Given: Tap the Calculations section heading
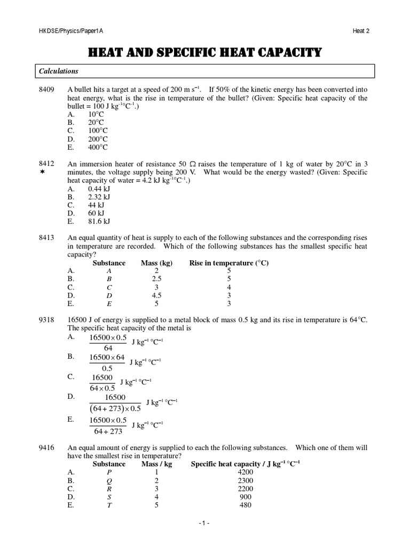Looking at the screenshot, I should point(58,71).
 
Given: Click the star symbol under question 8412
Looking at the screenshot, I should point(45,174).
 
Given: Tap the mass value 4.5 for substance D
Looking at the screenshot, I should point(156,295).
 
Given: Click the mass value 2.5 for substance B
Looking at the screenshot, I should point(156,279).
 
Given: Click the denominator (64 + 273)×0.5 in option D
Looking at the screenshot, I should point(115,408).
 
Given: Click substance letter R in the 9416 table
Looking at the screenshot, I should point(109,488).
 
